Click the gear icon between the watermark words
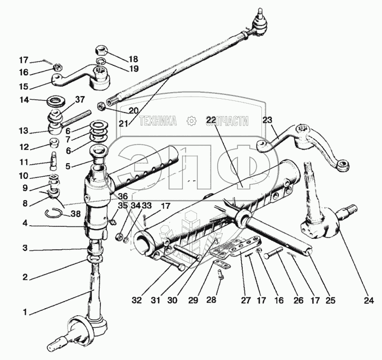tap(191, 121)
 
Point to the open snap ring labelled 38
tap(55, 213)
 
